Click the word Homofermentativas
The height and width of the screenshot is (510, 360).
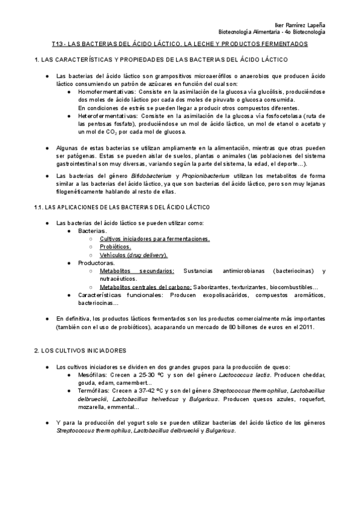pos(105,91)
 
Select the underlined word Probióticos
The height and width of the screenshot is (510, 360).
pos(115,247)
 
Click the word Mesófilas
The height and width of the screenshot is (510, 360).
pos(96,375)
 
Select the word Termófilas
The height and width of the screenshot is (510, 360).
pos(97,390)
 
